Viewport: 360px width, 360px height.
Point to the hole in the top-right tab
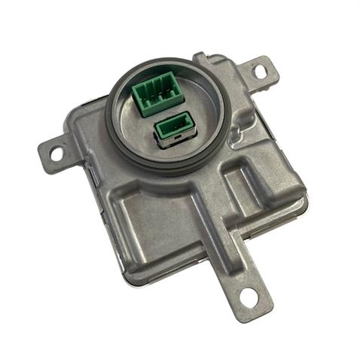coord(259,72)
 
